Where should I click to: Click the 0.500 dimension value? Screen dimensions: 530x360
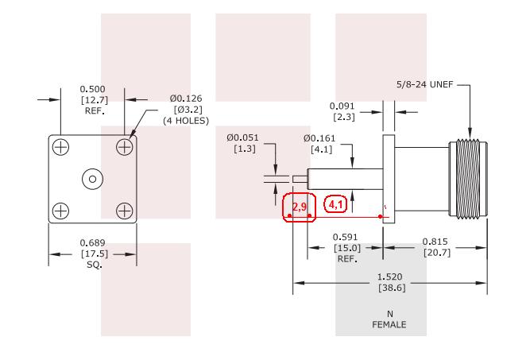tap(92, 89)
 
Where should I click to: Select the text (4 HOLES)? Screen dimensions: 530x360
tap(186, 121)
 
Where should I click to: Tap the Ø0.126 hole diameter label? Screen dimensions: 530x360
tap(186, 99)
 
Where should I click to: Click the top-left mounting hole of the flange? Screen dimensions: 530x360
tap(61, 147)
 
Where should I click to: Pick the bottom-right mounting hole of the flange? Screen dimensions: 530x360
tap(125, 211)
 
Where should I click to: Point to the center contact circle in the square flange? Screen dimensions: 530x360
tap(93, 179)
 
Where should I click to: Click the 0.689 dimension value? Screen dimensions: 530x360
tap(92, 242)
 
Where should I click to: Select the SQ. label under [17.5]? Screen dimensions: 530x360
tap(95, 265)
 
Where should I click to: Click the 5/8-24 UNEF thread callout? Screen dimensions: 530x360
tap(424, 84)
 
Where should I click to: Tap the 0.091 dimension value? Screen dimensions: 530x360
tap(342, 106)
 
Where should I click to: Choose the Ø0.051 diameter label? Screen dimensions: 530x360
tap(242, 137)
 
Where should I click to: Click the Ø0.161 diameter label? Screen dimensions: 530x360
tap(319, 138)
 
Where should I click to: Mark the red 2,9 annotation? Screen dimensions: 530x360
tap(300, 207)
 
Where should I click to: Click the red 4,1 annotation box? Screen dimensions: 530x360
tap(335, 204)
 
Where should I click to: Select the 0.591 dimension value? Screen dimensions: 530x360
tap(345, 237)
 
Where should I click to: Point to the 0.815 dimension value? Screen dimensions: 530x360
tap(435, 242)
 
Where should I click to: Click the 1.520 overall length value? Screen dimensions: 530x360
tap(389, 277)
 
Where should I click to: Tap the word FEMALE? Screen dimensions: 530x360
tap(389, 324)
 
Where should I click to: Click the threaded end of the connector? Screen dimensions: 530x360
tap(468, 179)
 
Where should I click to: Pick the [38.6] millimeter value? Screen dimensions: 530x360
tap(392, 288)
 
